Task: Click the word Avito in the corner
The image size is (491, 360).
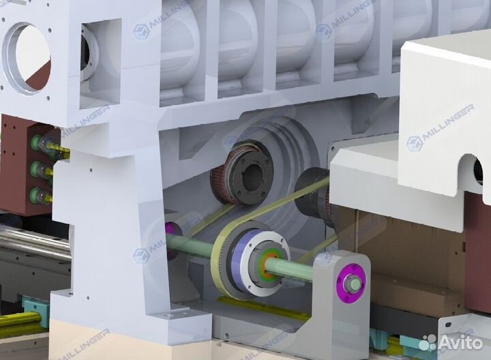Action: point(460,343)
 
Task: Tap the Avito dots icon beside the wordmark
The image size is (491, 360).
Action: point(428,342)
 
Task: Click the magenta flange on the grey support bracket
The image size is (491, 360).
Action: point(351,284)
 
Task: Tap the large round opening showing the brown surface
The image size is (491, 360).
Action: point(27,58)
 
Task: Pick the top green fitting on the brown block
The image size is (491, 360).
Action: point(37,142)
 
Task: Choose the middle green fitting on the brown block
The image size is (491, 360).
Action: point(38,169)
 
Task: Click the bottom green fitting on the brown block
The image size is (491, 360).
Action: point(37,195)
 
